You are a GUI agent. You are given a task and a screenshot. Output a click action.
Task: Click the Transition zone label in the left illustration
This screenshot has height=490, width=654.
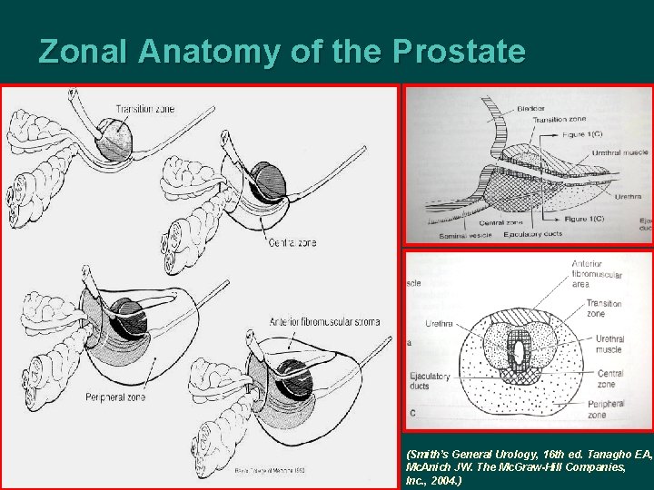pos(144,110)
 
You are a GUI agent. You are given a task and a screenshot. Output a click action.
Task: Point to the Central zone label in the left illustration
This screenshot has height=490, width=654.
pos(292,242)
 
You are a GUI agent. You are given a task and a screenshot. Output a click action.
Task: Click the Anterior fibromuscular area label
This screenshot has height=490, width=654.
pos(597,273)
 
